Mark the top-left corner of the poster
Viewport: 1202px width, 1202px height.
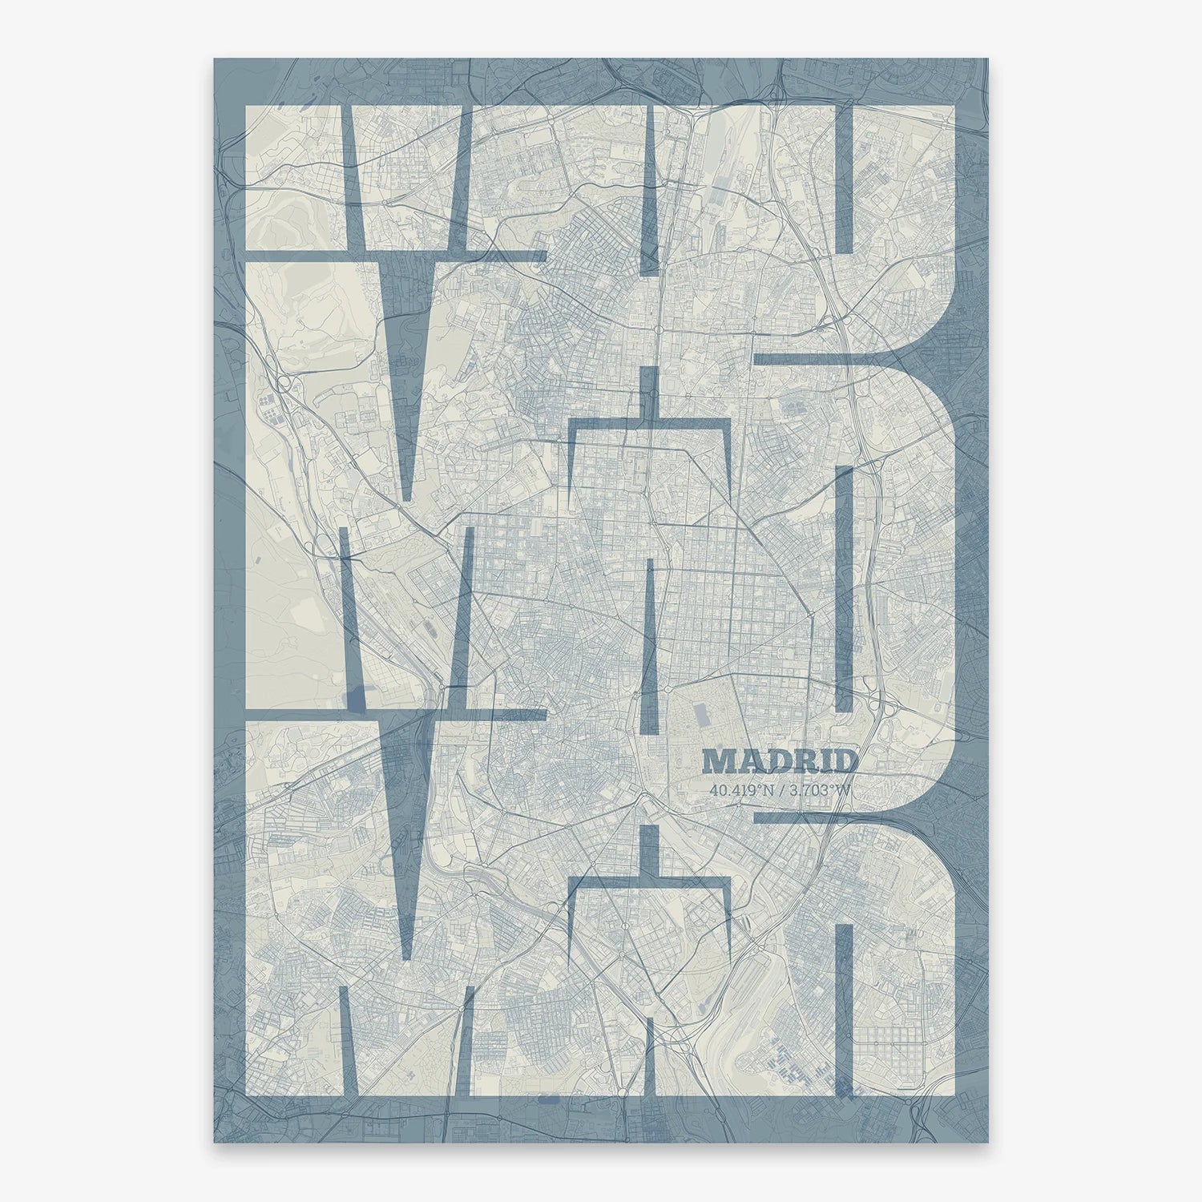tap(214, 58)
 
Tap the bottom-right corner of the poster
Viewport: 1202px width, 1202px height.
tap(988, 1142)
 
